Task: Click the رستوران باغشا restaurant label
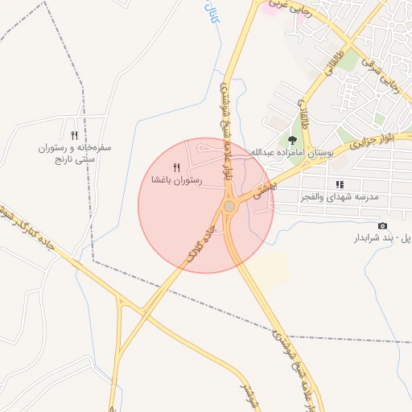coord(177,181)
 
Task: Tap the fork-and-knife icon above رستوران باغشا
coord(177,168)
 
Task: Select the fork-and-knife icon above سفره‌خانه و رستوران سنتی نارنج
coord(74,135)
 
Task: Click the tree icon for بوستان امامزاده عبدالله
coord(291,142)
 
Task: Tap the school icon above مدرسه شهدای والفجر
coord(340,184)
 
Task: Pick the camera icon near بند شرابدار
coord(381,225)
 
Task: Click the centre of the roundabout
coord(229,207)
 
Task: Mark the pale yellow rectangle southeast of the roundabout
coord(274,269)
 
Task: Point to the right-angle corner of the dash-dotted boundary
coord(93,262)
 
